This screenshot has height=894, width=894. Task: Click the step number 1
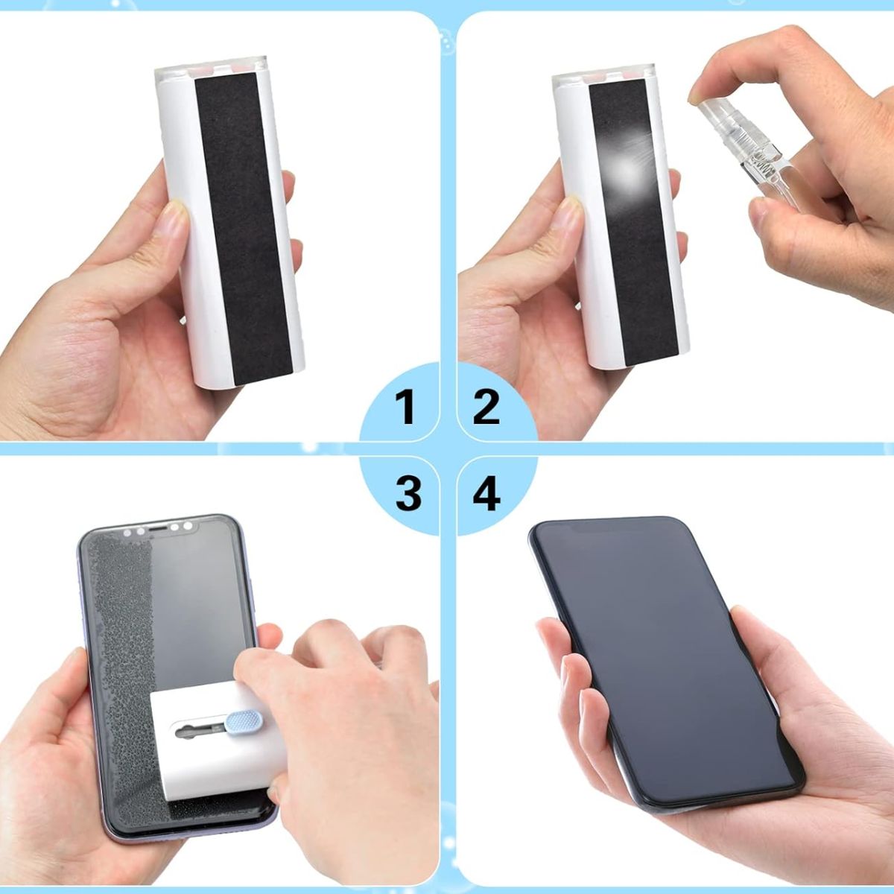click(x=406, y=407)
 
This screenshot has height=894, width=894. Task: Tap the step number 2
click(x=486, y=407)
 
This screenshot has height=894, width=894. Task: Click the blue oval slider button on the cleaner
click(x=244, y=723)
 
